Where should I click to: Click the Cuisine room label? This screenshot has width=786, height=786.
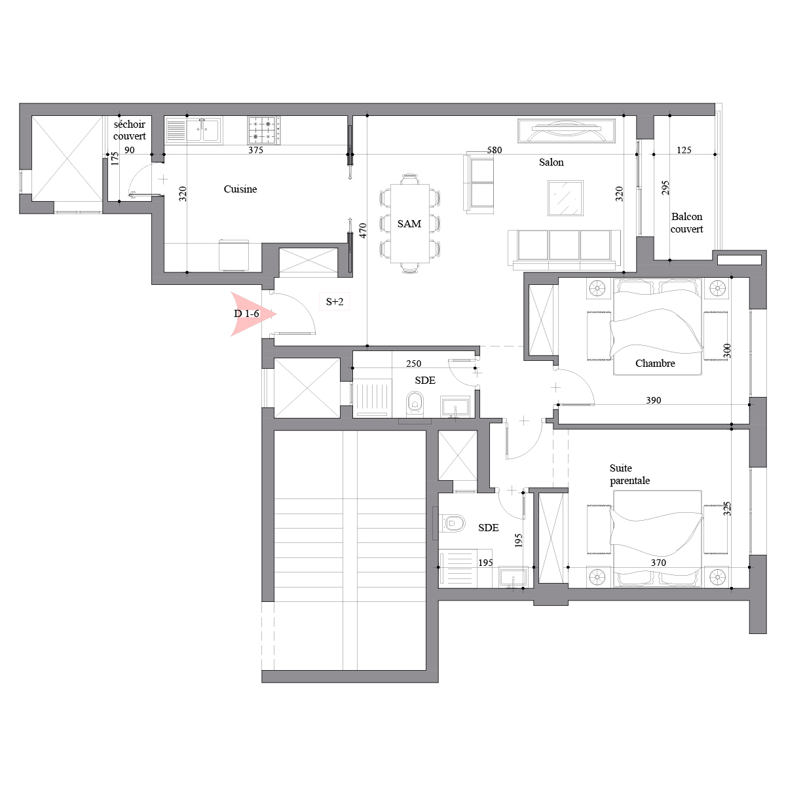(x=240, y=189)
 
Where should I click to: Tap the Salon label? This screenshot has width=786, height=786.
(x=551, y=162)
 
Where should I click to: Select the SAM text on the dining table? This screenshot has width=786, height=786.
(x=409, y=224)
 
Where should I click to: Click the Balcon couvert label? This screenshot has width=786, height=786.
(x=686, y=223)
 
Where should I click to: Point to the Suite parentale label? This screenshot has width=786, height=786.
(x=629, y=474)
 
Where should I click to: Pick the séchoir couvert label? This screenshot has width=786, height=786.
(x=129, y=130)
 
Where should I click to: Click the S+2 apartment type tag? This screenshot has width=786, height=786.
(x=335, y=302)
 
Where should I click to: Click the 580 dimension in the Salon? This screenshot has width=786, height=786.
(x=495, y=150)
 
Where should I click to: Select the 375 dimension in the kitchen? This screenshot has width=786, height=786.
(x=255, y=150)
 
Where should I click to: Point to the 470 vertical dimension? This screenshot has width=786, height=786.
(x=363, y=231)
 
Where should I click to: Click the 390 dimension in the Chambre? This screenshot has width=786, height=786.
(x=654, y=400)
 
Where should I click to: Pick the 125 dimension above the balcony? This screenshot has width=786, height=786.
(x=684, y=150)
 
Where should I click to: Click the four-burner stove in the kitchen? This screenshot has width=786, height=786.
(x=264, y=130)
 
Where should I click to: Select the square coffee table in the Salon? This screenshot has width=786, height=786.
(x=565, y=198)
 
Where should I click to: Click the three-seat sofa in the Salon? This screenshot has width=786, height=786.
(x=564, y=250)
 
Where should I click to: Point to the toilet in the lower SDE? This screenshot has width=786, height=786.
(x=453, y=523)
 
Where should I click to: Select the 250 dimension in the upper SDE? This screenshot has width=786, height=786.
(x=413, y=364)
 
